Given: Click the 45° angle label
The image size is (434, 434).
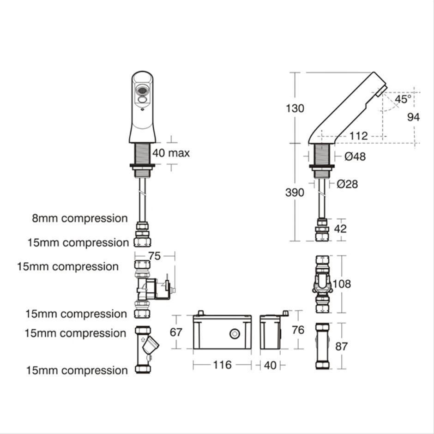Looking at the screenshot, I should (x=402, y=99).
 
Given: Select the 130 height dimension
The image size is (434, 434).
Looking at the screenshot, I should (x=295, y=108).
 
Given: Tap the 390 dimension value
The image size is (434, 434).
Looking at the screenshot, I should (x=295, y=192).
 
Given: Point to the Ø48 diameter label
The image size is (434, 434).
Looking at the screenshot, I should (x=355, y=157).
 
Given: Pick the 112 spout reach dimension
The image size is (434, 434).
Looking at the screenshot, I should (x=358, y=136).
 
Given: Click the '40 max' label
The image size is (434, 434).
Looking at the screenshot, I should (x=171, y=153).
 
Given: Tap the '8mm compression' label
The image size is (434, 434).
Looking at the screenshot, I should (x=80, y=218).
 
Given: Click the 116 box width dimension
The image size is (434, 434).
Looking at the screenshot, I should (x=222, y=365).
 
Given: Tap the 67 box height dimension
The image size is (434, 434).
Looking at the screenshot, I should (x=176, y=332).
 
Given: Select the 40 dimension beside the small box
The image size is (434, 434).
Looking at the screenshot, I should (x=271, y=365).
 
